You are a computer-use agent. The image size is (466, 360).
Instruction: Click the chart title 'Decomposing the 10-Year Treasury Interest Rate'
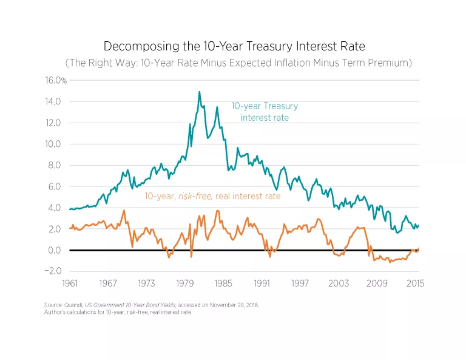pyautogui.click(x=233, y=46)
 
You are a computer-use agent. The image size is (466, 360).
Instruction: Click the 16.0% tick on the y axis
pyautogui.click(x=56, y=80)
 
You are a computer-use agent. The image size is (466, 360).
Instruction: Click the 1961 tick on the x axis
pyautogui.click(x=70, y=284)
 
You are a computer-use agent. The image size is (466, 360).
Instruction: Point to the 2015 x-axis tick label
pyautogui.click(x=415, y=284)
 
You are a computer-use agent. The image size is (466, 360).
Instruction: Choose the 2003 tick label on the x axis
pyautogui.click(x=339, y=284)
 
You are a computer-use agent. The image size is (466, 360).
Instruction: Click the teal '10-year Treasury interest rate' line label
pyautogui.click(x=265, y=112)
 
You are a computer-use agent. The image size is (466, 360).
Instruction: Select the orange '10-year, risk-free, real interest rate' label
pyautogui.click(x=212, y=196)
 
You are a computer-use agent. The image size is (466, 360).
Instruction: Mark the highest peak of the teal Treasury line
pyautogui.click(x=199, y=92)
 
